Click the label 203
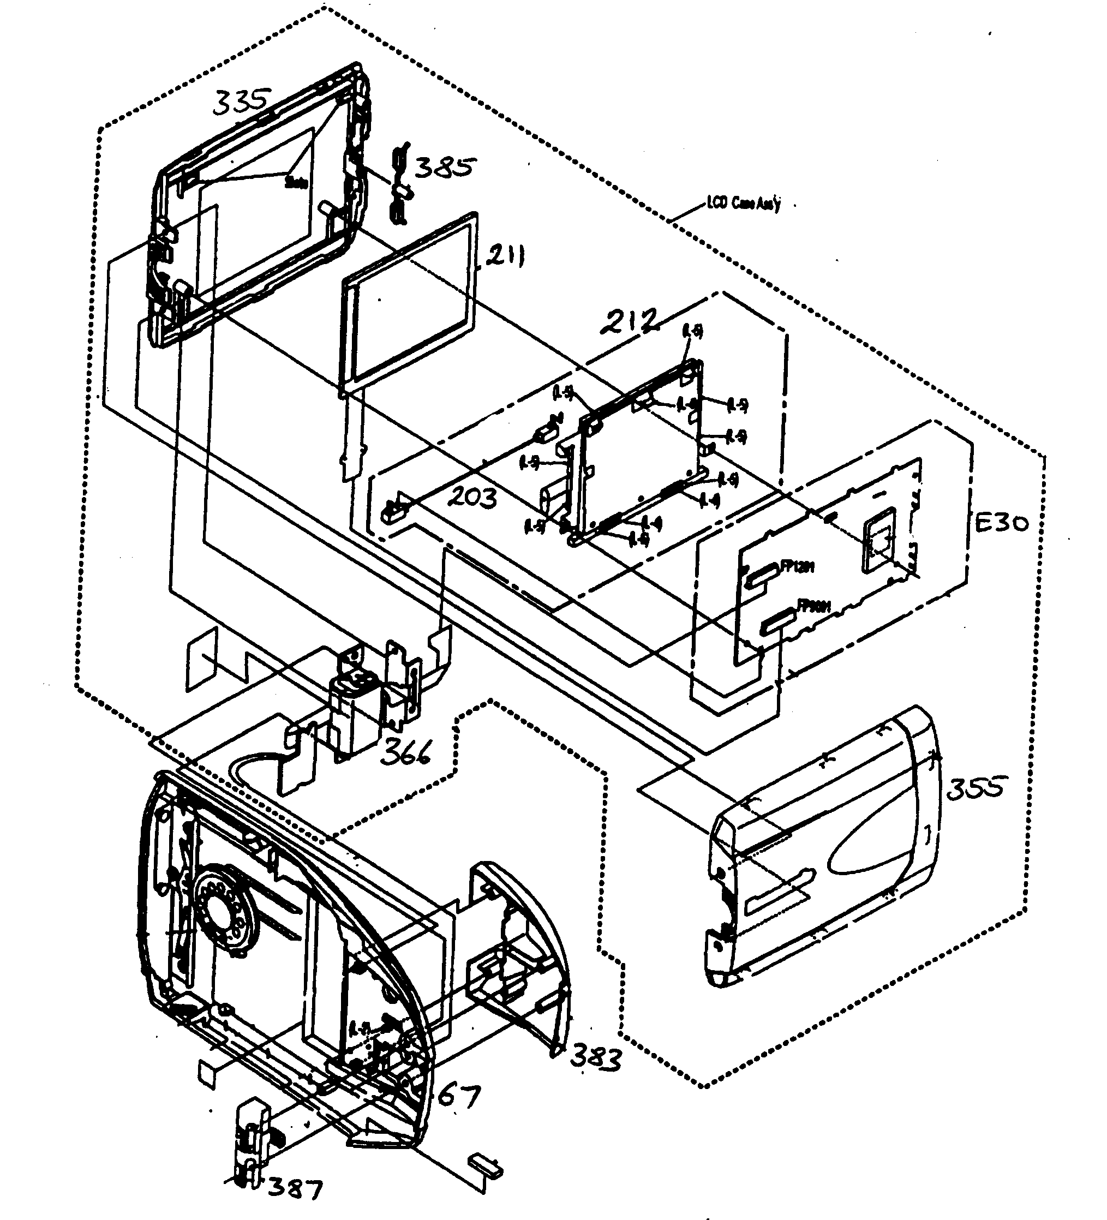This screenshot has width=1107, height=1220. coord(472,498)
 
